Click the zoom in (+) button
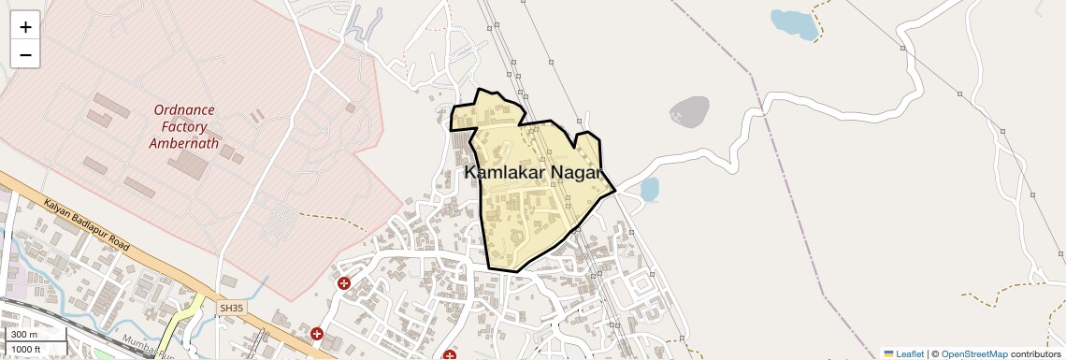point(25,26)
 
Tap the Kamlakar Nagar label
point(534,173)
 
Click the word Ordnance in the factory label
point(184,110)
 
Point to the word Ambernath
point(184,144)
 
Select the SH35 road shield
point(230,307)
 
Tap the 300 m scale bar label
point(24,335)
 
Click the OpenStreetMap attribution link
point(974,354)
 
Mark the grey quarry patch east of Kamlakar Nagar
point(689,111)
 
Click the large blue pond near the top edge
point(794,23)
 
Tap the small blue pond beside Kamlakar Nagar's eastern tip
point(649,189)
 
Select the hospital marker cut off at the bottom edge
point(450,355)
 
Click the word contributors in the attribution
point(1035,354)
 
